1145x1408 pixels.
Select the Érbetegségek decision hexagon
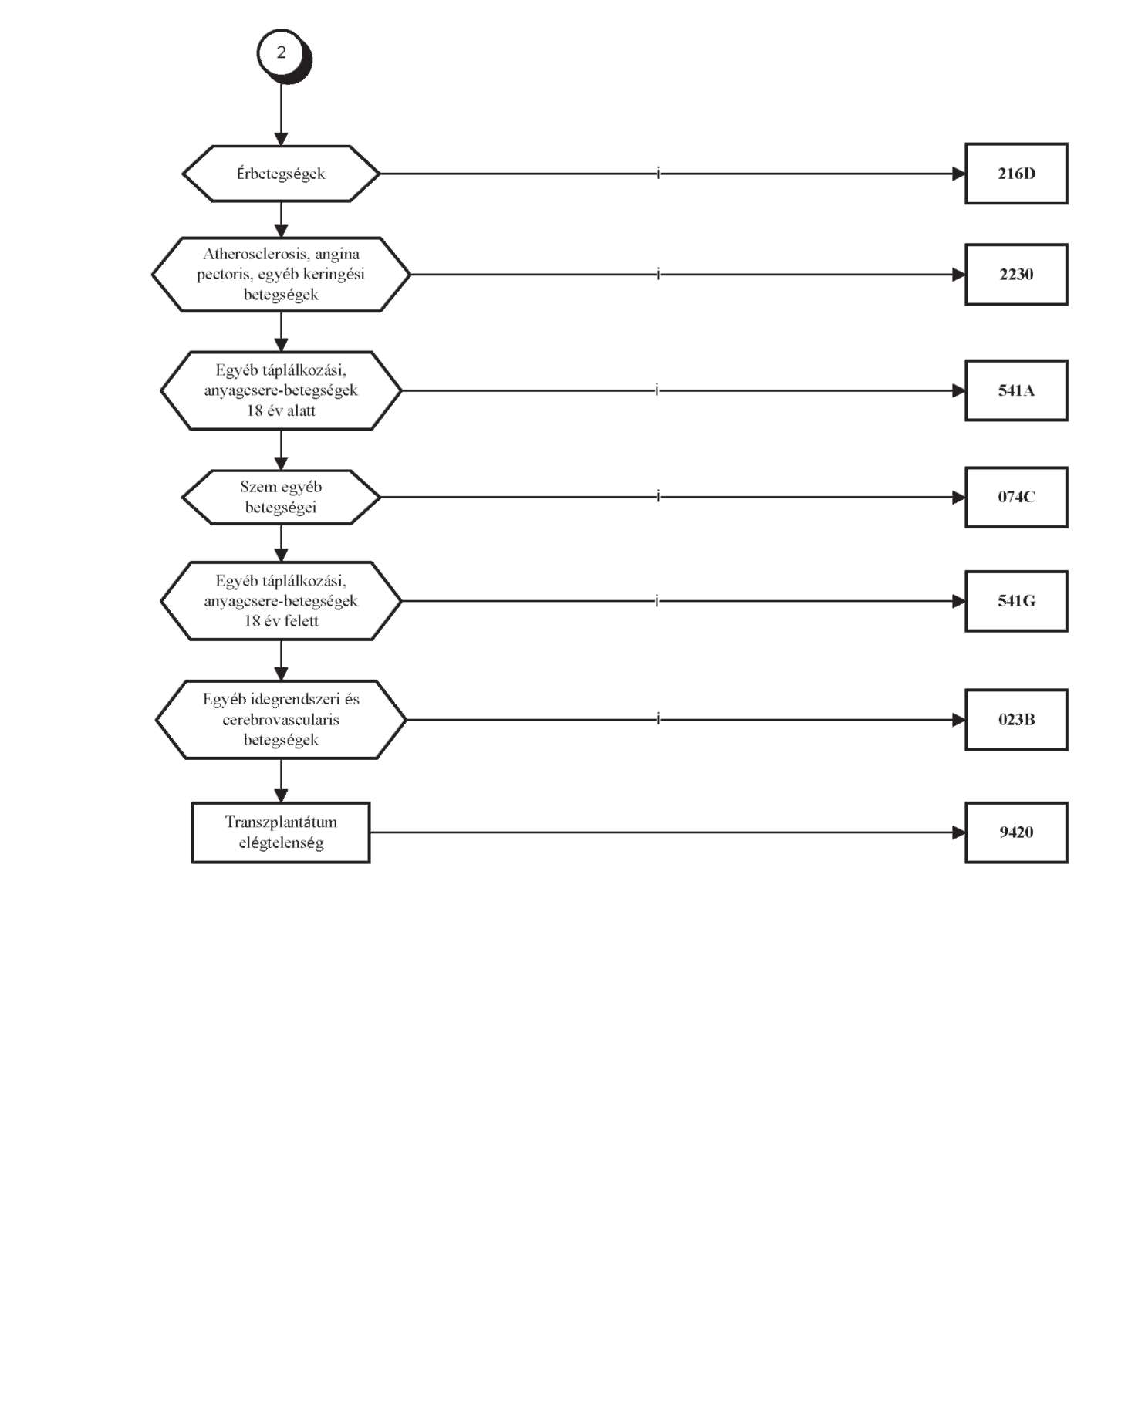(x=281, y=174)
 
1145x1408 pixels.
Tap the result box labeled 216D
(x=1016, y=174)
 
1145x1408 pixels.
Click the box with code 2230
(x=1016, y=275)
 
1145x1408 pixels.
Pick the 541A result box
(x=1016, y=390)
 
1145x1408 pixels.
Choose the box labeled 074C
(x=1016, y=497)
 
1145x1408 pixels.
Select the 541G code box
(x=1016, y=601)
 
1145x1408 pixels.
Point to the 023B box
(x=1016, y=720)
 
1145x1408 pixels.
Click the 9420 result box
(x=1016, y=832)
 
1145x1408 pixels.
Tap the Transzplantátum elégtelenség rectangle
(x=281, y=832)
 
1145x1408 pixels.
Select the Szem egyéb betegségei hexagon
(x=281, y=497)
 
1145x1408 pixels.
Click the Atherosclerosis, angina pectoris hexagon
(x=281, y=275)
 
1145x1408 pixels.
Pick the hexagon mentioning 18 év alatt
(x=281, y=390)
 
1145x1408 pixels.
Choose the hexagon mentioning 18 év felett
(x=281, y=601)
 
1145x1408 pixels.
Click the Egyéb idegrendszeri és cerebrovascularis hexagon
(x=281, y=720)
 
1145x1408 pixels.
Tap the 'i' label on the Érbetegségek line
(x=658, y=174)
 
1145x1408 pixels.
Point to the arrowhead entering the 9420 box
(x=959, y=832)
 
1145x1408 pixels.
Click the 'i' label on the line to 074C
(x=658, y=497)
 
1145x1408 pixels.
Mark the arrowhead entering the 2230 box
(x=959, y=275)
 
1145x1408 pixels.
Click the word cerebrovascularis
(x=281, y=720)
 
